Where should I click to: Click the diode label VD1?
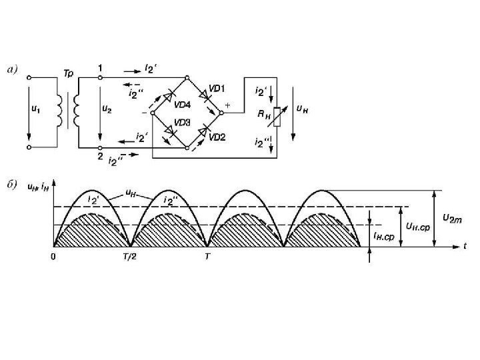tap(217, 89)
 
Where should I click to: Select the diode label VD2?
tap(217, 137)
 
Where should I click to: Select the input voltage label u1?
tap(35, 111)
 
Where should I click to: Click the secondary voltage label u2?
tap(107, 111)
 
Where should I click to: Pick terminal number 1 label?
tap(100, 68)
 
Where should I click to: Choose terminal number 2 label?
tap(100, 157)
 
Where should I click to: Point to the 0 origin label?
tap(54, 255)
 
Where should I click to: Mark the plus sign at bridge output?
tap(228, 105)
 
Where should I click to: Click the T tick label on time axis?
tap(208, 255)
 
